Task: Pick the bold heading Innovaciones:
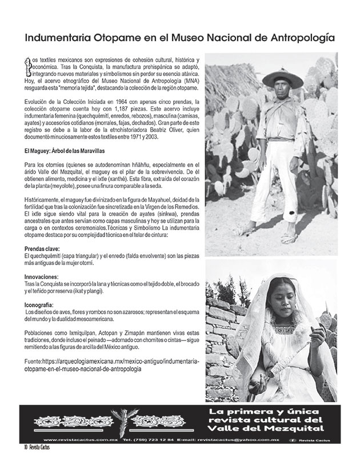[x=42, y=275]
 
